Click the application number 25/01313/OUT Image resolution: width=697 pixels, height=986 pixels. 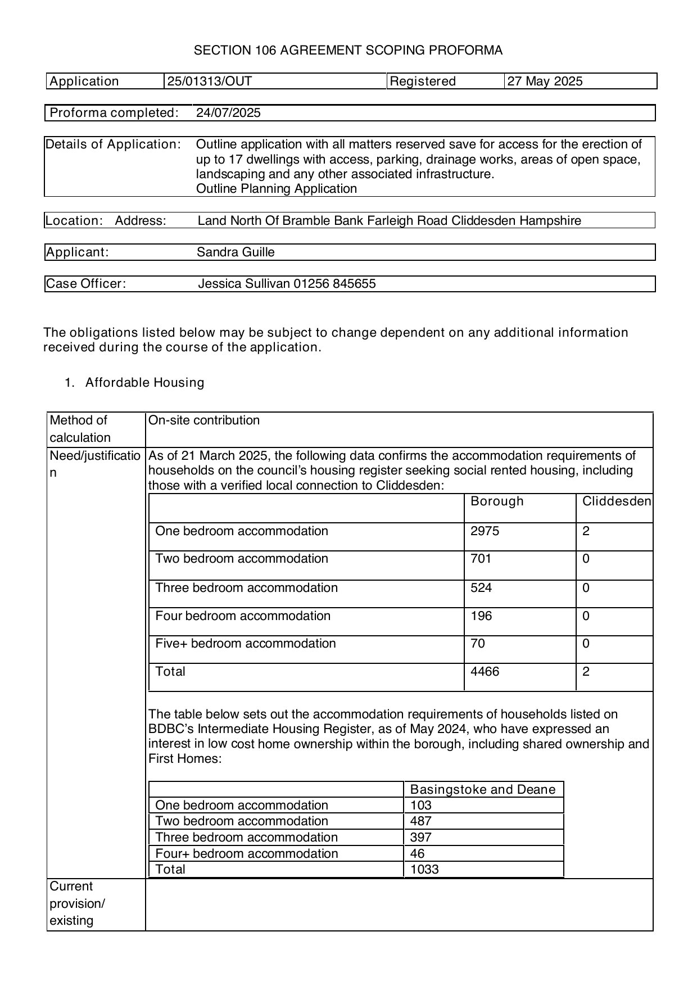coord(209,82)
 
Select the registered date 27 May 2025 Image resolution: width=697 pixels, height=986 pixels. coord(545,82)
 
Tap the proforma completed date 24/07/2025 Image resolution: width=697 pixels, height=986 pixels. coord(228,113)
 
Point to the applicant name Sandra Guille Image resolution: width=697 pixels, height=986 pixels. coord(236,252)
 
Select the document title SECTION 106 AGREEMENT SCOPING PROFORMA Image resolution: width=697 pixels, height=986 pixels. coord(348,51)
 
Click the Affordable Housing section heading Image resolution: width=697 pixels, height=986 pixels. coord(144,383)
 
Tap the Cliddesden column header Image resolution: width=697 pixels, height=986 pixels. coord(617,501)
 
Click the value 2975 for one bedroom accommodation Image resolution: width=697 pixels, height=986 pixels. coord(485,531)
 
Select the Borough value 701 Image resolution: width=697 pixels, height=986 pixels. coord(481,559)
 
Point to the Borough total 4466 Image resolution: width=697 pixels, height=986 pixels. coord(485,672)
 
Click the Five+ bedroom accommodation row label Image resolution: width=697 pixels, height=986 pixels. coord(245,644)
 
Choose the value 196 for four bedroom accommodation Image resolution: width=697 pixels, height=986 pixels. coord(481,616)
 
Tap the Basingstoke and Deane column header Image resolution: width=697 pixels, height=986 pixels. coord(483,790)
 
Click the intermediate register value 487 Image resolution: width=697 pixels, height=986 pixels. coord(420,821)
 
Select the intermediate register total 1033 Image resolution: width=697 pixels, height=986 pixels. coord(424,870)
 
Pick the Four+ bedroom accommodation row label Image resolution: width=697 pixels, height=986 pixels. coord(246,854)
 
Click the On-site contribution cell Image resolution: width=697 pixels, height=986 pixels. coord(203,420)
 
